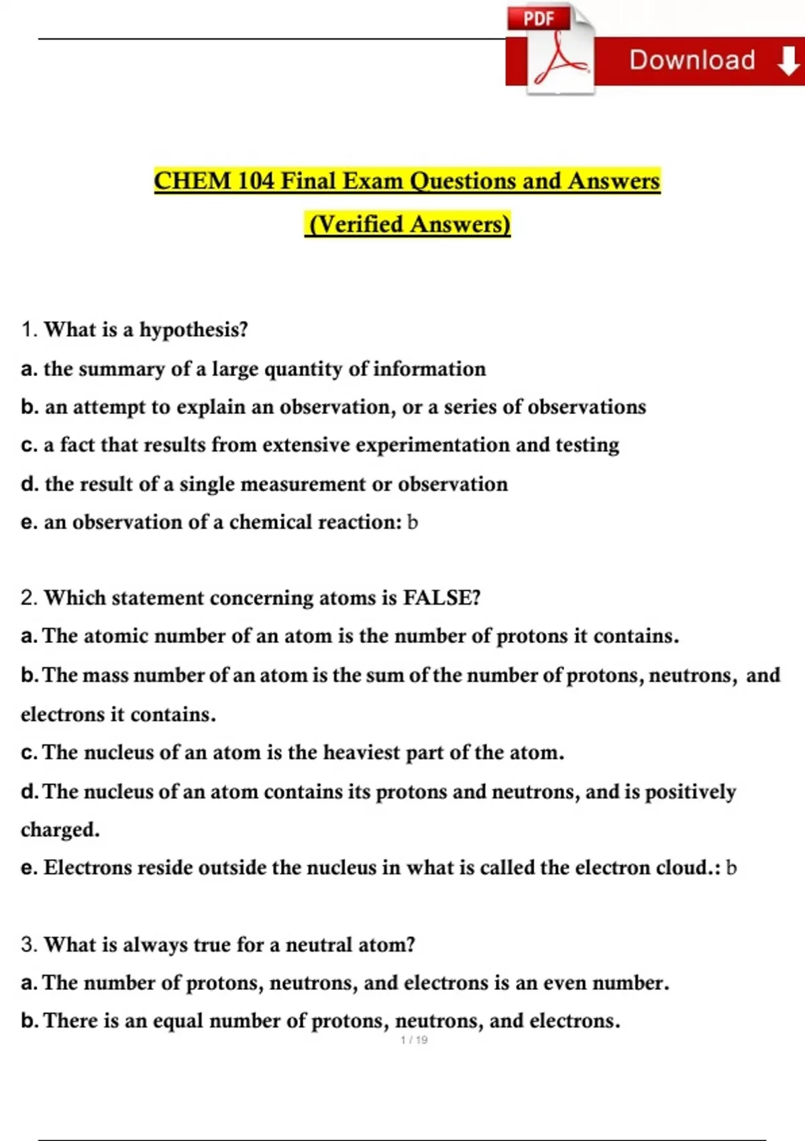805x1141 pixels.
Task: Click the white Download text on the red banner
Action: [692, 60]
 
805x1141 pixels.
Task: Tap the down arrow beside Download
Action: [788, 62]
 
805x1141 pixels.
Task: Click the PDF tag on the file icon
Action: [539, 19]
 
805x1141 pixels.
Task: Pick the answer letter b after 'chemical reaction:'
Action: [413, 522]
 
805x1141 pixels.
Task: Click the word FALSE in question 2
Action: [441, 597]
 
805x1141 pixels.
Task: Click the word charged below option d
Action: [60, 830]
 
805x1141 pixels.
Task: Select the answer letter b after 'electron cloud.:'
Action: [731, 868]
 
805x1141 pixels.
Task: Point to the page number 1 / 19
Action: [414, 1040]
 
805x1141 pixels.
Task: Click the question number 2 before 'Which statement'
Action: [28, 597]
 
